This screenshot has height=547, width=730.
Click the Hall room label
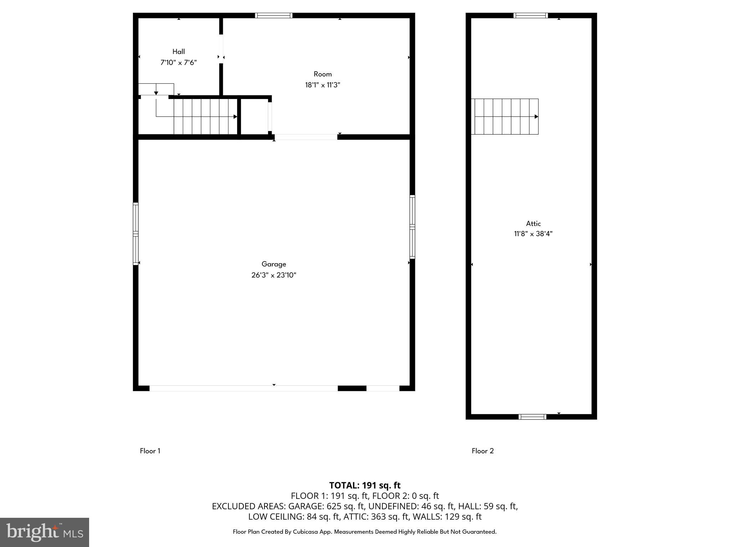179,52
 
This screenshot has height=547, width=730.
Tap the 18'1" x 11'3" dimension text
323,85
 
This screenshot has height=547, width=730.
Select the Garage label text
274,264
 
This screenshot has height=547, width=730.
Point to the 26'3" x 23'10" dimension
274,275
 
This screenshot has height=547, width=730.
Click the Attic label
533,224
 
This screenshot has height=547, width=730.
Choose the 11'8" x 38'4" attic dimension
533,234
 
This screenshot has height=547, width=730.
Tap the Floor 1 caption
150,451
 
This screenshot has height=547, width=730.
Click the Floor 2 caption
483,451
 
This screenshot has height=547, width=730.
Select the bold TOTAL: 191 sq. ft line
365,485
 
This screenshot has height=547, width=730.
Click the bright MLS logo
45,532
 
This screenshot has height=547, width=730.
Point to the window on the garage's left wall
135,234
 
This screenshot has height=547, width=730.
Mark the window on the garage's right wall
412,227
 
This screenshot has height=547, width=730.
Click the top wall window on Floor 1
274,15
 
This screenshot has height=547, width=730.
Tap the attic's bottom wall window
532,417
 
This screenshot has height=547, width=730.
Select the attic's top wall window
530,15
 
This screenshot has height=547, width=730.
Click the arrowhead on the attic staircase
536,116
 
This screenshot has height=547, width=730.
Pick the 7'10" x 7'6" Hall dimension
179,63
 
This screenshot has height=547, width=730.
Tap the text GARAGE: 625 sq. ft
326,506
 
